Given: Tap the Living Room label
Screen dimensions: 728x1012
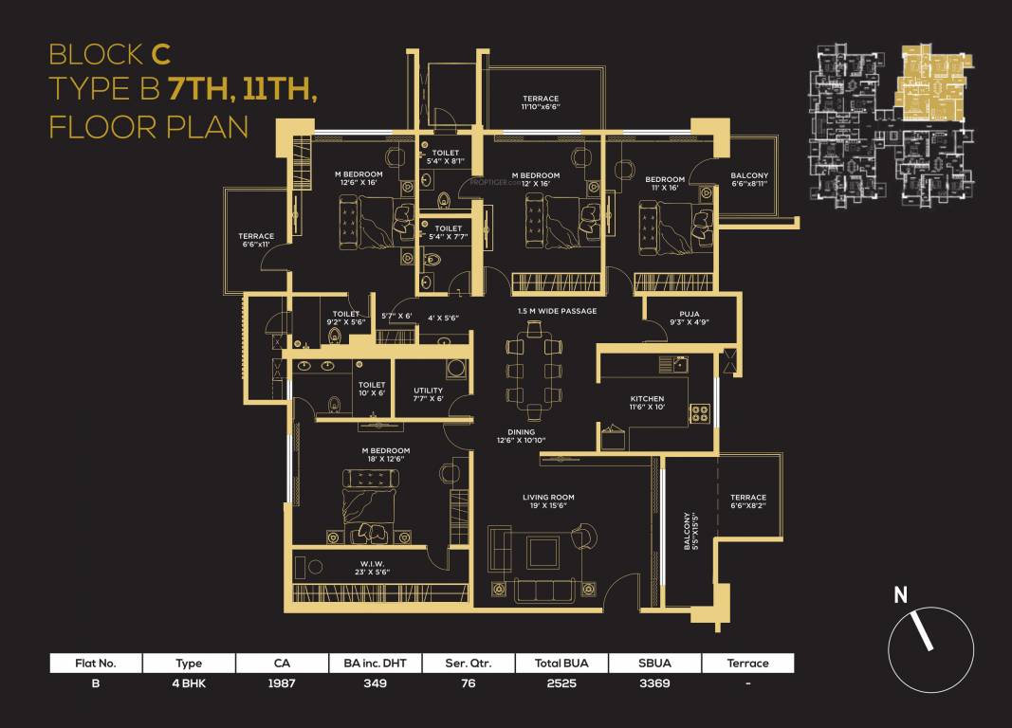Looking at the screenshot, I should pos(548,497).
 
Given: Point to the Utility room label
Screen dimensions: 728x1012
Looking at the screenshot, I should pos(429,391).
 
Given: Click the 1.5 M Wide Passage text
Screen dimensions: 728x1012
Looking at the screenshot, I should pos(557,311).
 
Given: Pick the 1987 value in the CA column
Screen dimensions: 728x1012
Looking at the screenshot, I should pos(283,682).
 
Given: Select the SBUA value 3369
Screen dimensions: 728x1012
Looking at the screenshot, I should pos(654,682).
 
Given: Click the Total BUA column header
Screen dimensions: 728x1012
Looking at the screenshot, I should pos(562,663).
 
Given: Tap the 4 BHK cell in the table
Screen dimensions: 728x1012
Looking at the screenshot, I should pos(189,682).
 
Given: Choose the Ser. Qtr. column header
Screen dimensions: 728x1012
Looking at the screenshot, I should pos(469,663).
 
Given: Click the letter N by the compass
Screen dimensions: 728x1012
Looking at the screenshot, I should pos(901,595).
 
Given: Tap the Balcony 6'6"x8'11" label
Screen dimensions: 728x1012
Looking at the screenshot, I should pos(749,181).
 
